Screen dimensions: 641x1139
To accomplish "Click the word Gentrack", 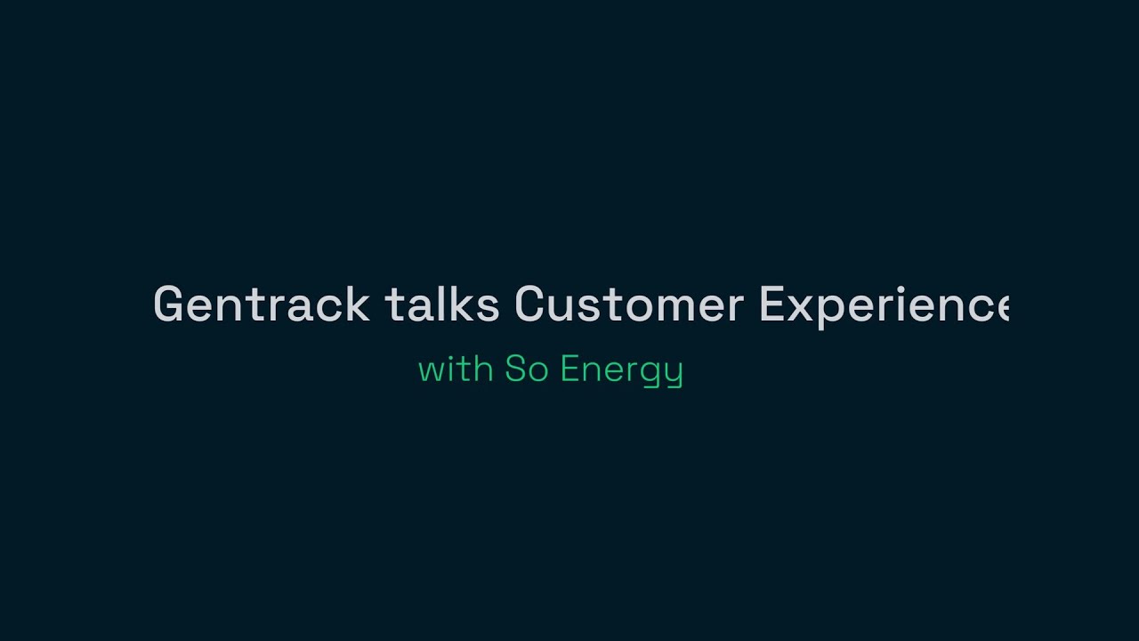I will [262, 305].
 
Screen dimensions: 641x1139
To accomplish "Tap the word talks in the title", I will [441, 305].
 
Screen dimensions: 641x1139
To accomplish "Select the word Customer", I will [628, 305].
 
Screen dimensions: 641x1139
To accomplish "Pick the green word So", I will [526, 369].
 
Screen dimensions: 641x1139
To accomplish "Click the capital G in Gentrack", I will [169, 305].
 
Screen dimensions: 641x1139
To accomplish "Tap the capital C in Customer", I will [529, 305].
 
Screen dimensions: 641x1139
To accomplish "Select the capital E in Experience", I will [772, 305].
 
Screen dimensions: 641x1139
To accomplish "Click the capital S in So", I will [515, 369].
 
